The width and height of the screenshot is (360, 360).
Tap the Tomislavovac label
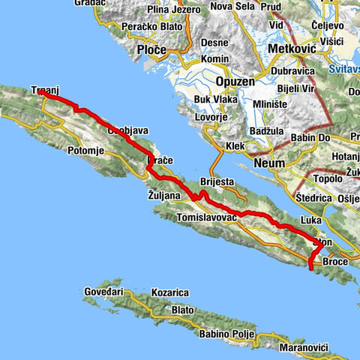[x=206, y=217]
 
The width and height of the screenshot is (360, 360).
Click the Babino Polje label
[x=227, y=334]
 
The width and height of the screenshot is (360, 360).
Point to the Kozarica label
[x=169, y=292]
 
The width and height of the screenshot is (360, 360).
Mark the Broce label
[x=335, y=262]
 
